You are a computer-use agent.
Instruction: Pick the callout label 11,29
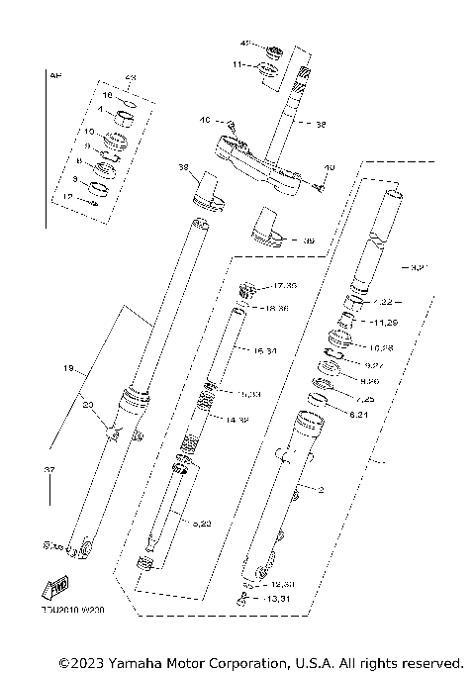pos(384,323)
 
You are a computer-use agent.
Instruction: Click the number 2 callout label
pos(320,489)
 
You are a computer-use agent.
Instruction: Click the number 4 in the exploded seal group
pos(99,113)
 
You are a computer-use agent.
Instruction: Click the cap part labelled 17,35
pos(249,290)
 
